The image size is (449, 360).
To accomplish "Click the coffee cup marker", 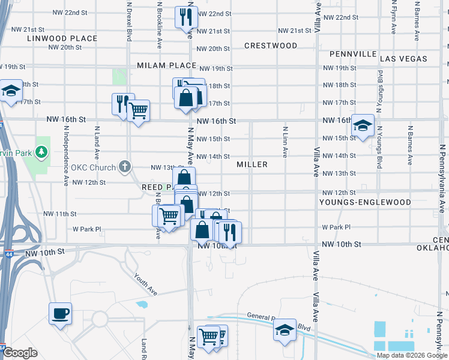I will point(61,313).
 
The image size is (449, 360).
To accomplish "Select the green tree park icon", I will point(41,152).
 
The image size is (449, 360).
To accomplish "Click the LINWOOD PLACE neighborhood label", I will point(62,38).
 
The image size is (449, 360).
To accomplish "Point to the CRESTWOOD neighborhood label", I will point(271,46).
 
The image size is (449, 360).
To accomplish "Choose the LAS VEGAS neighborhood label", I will point(403,59).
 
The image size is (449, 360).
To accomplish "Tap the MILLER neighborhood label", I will point(252,164).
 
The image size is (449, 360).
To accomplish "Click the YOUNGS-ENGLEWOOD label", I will point(365,202).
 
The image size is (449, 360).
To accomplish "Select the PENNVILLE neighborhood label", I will point(352,54).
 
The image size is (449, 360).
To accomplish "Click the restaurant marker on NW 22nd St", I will point(186,16).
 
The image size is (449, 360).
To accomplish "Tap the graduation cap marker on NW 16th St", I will point(363,126).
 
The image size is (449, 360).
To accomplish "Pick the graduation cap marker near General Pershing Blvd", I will point(285,329).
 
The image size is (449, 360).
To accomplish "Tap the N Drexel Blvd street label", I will point(128,20).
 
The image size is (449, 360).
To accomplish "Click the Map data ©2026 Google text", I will point(412,355).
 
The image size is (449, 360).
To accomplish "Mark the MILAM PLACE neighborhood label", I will point(166,65).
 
